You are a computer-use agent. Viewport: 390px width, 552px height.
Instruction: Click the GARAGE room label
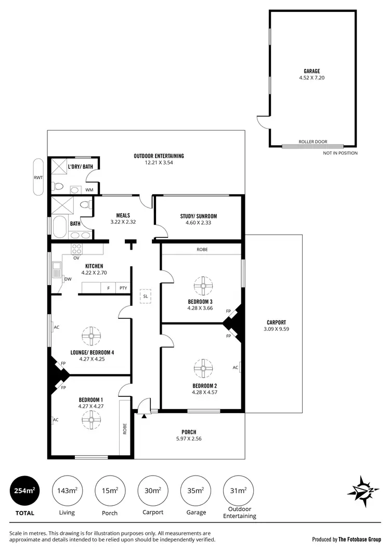pyautogui.click(x=312, y=71)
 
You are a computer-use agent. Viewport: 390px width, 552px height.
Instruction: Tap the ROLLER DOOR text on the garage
pyautogui.click(x=313, y=142)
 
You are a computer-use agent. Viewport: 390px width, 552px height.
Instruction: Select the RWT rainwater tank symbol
pyautogui.click(x=38, y=177)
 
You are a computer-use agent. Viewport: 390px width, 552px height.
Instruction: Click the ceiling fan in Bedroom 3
pyautogui.click(x=201, y=286)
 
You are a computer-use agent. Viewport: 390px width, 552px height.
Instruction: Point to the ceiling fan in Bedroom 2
pyautogui.click(x=201, y=369)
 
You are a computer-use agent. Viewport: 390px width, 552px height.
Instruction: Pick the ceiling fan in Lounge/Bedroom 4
pyautogui.click(x=90, y=336)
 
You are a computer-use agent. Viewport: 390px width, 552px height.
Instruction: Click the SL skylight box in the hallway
pyautogui.click(x=145, y=296)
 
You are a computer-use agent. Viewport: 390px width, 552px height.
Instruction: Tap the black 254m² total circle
pyautogui.click(x=24, y=490)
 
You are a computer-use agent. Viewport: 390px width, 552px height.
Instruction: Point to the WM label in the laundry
pyautogui.click(x=88, y=190)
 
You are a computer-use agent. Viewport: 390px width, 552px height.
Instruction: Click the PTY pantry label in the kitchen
pyautogui.click(x=123, y=288)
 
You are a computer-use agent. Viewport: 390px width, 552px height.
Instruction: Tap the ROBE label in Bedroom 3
pyautogui.click(x=202, y=250)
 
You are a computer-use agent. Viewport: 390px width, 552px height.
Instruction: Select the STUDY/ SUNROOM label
pyautogui.click(x=199, y=216)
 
